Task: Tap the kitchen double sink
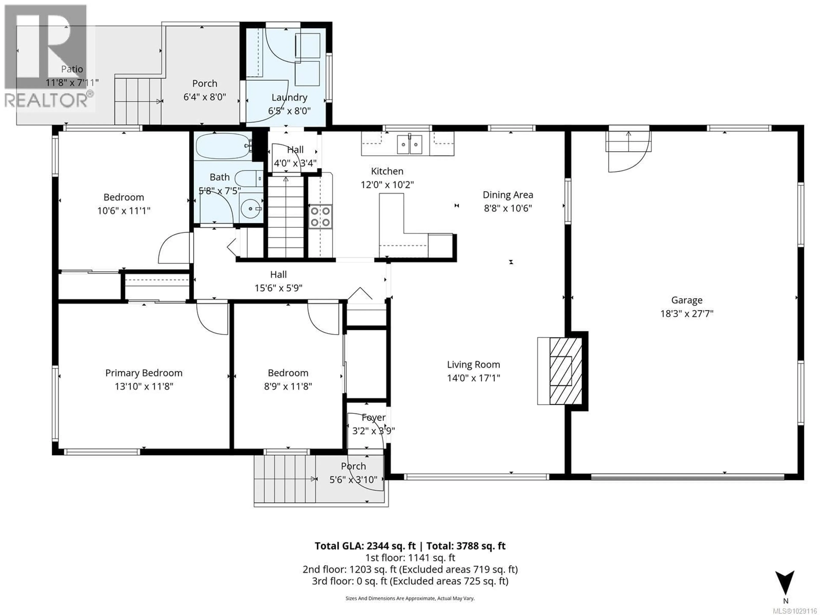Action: tap(409, 144)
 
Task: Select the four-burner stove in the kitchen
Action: tap(320, 217)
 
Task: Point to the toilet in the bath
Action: tap(248, 179)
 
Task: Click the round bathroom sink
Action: tap(250, 209)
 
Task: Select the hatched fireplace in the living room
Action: tap(565, 371)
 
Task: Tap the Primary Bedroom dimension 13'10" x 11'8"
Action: tap(144, 386)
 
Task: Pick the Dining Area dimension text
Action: tap(508, 208)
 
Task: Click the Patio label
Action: tap(72, 69)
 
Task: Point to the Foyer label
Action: tap(373, 417)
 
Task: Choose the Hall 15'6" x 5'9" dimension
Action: tap(278, 288)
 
